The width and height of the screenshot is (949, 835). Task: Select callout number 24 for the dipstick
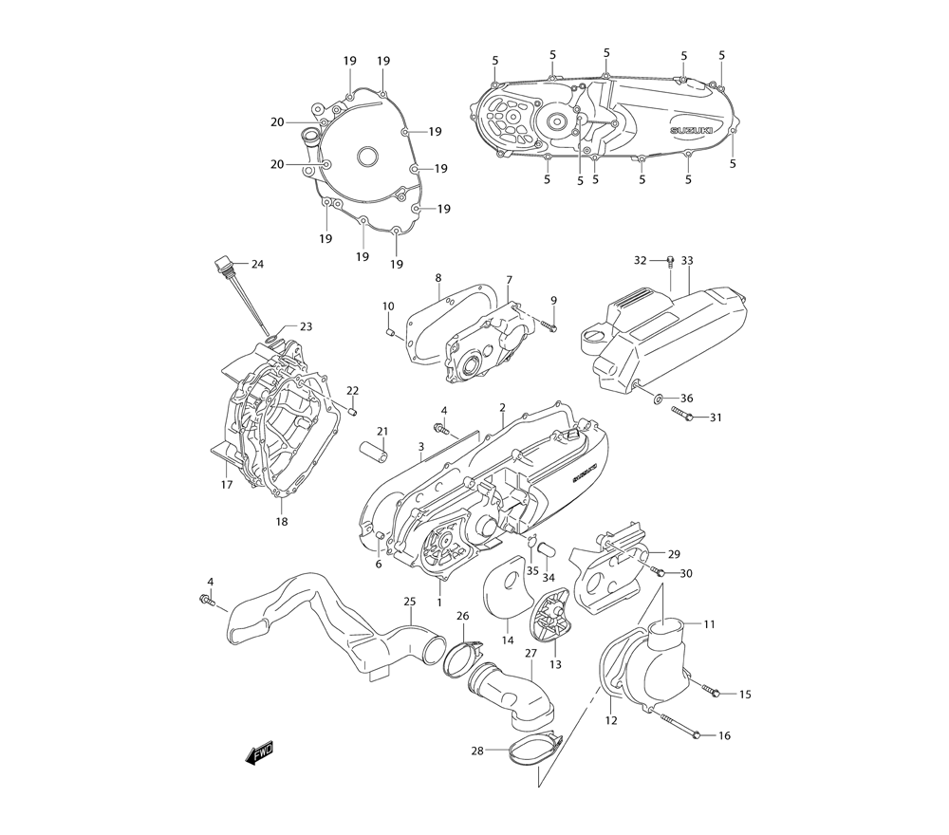[x=257, y=264]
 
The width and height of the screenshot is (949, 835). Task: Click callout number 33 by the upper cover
[x=687, y=260]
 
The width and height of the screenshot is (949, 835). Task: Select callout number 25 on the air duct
[x=410, y=602]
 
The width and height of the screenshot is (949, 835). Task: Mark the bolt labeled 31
[x=682, y=415]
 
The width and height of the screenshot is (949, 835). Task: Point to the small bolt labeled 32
[x=670, y=261]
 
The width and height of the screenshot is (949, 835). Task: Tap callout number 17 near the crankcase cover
[x=227, y=485]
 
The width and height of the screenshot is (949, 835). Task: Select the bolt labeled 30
[x=657, y=571]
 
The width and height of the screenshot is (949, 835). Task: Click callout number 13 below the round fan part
[x=555, y=665]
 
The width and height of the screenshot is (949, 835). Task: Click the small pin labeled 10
[x=389, y=331]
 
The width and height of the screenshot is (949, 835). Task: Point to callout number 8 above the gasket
[x=438, y=278]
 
